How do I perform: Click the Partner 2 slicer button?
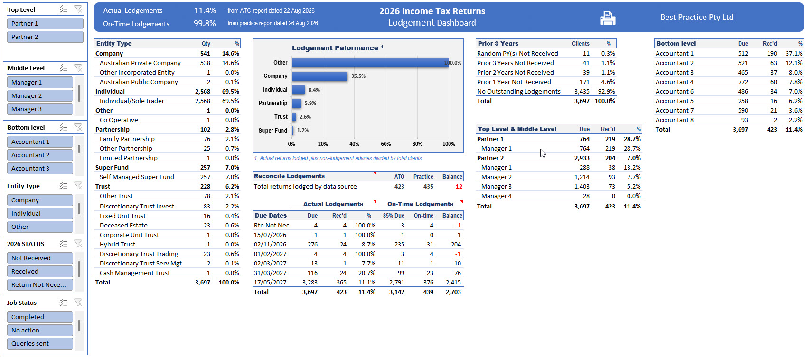click(x=45, y=37)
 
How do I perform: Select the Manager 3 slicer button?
click(x=40, y=109)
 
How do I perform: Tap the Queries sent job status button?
click(x=40, y=343)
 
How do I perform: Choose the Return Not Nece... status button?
click(x=40, y=284)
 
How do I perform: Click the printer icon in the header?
click(x=608, y=18)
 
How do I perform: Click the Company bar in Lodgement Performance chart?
click(x=319, y=76)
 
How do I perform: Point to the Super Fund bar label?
click(x=273, y=131)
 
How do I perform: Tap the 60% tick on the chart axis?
click(x=386, y=144)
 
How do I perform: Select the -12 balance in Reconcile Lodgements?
click(x=458, y=187)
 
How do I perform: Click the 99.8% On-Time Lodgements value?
click(x=205, y=24)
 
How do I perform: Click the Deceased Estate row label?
click(x=123, y=225)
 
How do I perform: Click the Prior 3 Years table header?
click(x=498, y=44)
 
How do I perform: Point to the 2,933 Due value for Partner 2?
click(x=582, y=158)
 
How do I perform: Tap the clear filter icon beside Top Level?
click(x=78, y=9)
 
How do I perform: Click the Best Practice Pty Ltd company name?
click(x=697, y=17)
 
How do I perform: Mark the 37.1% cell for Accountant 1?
click(x=794, y=53)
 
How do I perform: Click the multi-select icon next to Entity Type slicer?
click(x=64, y=186)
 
